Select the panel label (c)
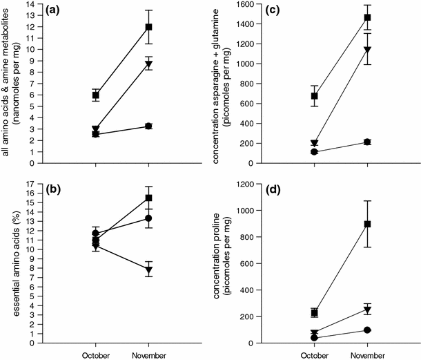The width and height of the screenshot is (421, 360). coord(267,11)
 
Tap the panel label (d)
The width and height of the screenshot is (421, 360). coord(267,190)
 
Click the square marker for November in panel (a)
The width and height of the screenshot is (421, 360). coord(148,27)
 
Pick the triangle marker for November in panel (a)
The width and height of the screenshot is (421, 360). coord(148,64)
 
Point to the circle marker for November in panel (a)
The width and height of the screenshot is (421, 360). coord(148,126)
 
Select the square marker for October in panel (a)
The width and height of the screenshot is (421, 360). coord(95,95)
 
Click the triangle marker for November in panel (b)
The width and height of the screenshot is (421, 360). coord(148,270)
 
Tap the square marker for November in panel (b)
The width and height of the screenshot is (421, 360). coord(148,198)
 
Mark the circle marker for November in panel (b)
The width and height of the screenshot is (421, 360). coord(148,218)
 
